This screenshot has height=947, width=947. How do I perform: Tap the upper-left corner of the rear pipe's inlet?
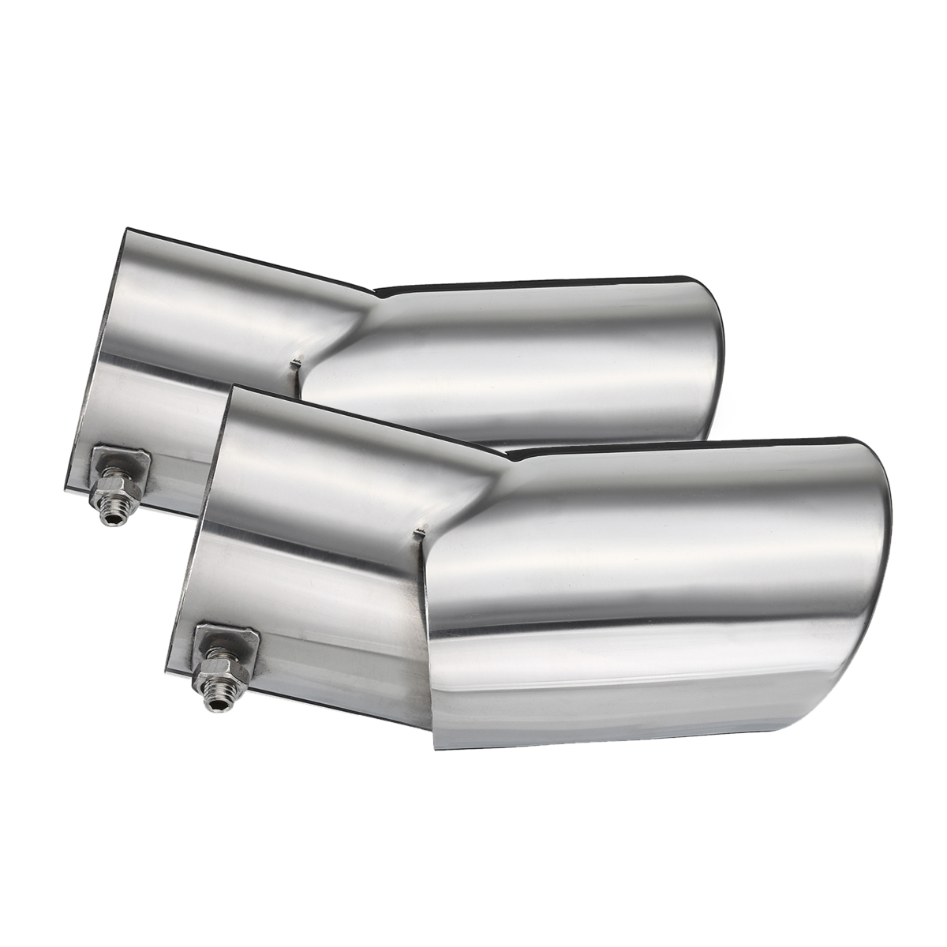(125, 230)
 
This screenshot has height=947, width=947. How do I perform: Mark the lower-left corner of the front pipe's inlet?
(167, 672)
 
